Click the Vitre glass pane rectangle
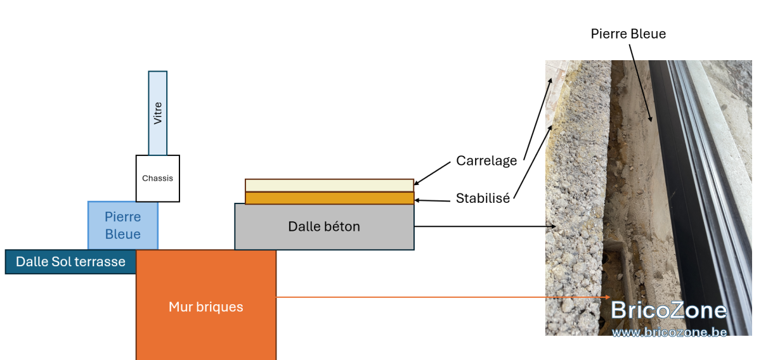(x=158, y=113)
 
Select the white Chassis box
(x=158, y=179)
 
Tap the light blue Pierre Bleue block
(x=123, y=226)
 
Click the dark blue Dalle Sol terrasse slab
(x=70, y=262)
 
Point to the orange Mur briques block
(x=206, y=305)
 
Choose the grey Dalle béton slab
(x=324, y=226)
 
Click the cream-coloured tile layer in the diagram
(x=329, y=186)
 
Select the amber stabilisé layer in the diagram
(x=329, y=198)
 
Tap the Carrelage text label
(x=486, y=161)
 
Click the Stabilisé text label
(x=483, y=198)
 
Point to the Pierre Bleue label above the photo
(x=628, y=34)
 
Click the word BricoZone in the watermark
(x=668, y=311)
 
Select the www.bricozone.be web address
(x=669, y=332)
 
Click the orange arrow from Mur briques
(x=443, y=297)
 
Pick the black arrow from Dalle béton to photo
(x=485, y=226)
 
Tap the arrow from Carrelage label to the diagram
(x=432, y=174)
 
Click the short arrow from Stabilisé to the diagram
(x=432, y=201)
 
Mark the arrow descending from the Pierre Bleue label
(x=641, y=83)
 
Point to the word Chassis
(x=157, y=178)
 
